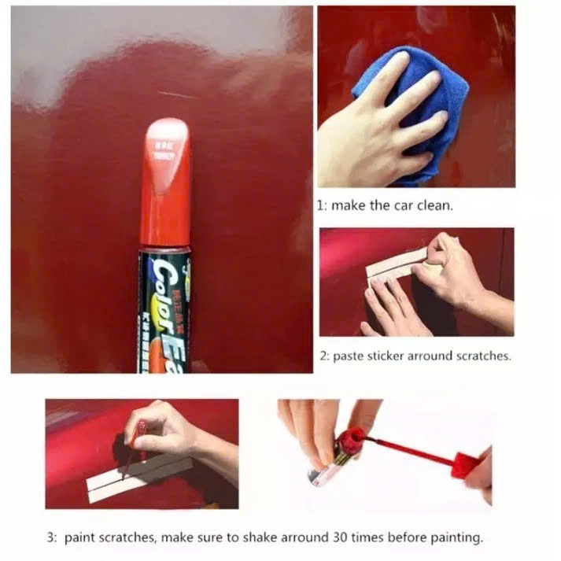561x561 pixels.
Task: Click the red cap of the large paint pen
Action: point(165,189)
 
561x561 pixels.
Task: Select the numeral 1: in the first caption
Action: point(322,205)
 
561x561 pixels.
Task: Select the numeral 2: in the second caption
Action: point(324,356)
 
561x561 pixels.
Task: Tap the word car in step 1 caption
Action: point(404,205)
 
